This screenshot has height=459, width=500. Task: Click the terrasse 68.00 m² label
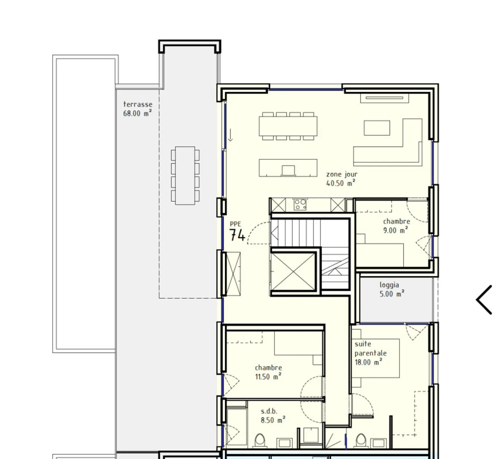click(137, 109)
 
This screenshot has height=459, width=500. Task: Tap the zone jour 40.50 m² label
click(342, 179)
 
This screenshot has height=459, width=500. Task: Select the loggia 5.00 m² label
click(392, 289)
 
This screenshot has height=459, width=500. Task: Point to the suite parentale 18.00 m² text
click(370, 353)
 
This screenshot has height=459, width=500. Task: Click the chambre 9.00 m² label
click(396, 226)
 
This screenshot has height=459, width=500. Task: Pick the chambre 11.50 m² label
click(268, 372)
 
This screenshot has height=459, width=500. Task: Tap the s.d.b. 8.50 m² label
click(273, 416)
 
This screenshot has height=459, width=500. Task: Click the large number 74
click(237, 235)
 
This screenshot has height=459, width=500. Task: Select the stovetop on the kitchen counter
click(300, 205)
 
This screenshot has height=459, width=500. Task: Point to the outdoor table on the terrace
click(185, 175)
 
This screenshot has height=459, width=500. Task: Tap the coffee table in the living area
click(377, 128)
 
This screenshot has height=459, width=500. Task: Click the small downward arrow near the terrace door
click(230, 135)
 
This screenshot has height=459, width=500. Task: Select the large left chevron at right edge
click(484, 300)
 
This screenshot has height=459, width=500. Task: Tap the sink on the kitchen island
click(288, 170)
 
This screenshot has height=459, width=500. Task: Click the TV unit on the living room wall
click(384, 98)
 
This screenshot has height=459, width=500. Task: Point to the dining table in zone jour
click(288, 126)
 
